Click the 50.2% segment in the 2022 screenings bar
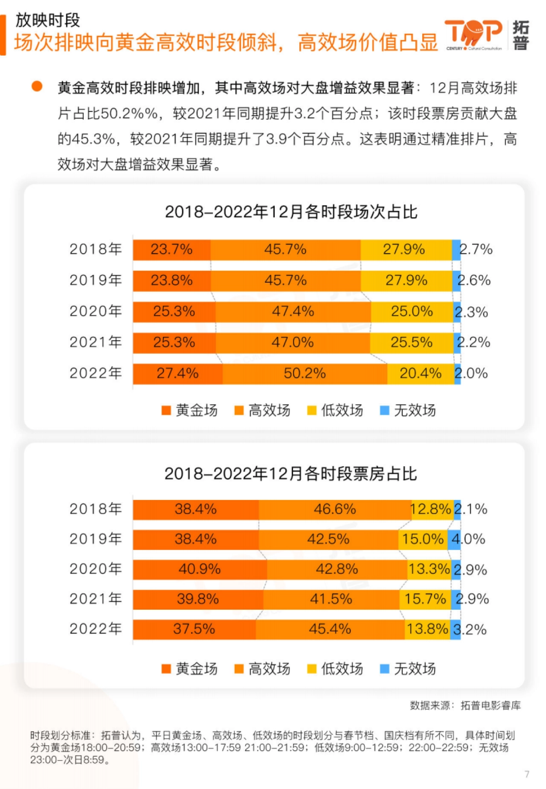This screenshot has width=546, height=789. tap(305, 373)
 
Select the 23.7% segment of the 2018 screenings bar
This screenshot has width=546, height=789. tap(172, 249)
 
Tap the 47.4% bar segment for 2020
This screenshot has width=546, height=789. tap(293, 311)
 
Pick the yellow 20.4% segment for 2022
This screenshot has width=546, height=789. tap(420, 373)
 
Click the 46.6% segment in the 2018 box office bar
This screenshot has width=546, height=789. tap(335, 509)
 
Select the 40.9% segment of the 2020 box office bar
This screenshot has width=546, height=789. tap(200, 569)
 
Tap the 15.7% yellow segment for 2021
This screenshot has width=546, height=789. tap(425, 599)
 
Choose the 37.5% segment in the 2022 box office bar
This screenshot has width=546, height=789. tap(194, 629)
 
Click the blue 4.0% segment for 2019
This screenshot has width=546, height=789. tap(454, 540)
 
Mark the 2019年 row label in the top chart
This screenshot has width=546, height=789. tap(96, 280)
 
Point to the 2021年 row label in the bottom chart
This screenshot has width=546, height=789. tap(96, 599)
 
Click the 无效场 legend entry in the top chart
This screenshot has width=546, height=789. tap(408, 410)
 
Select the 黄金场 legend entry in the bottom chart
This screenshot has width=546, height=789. tap(190, 669)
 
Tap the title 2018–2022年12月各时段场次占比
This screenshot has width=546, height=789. tap(291, 212)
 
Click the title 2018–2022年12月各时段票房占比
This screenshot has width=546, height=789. tap(291, 474)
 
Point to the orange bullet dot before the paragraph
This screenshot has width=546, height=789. tap(37, 87)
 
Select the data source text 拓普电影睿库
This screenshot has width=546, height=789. tap(490, 706)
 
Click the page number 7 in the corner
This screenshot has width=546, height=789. tap(527, 774)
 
